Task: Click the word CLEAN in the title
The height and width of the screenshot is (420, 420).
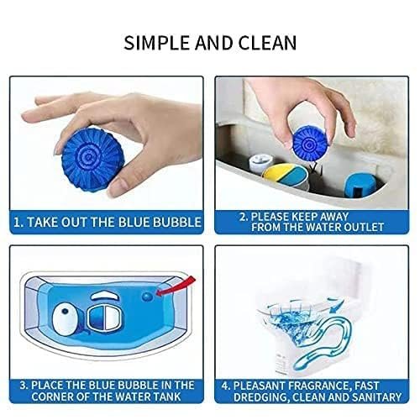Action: point(267,43)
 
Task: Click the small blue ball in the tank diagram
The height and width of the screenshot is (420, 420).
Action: point(147,297)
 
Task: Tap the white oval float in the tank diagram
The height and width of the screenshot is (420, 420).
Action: point(65,319)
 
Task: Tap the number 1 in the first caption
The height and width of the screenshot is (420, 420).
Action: point(17,222)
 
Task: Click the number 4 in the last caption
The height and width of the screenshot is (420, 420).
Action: point(225,386)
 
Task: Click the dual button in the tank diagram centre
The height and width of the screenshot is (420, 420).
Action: point(104,318)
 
